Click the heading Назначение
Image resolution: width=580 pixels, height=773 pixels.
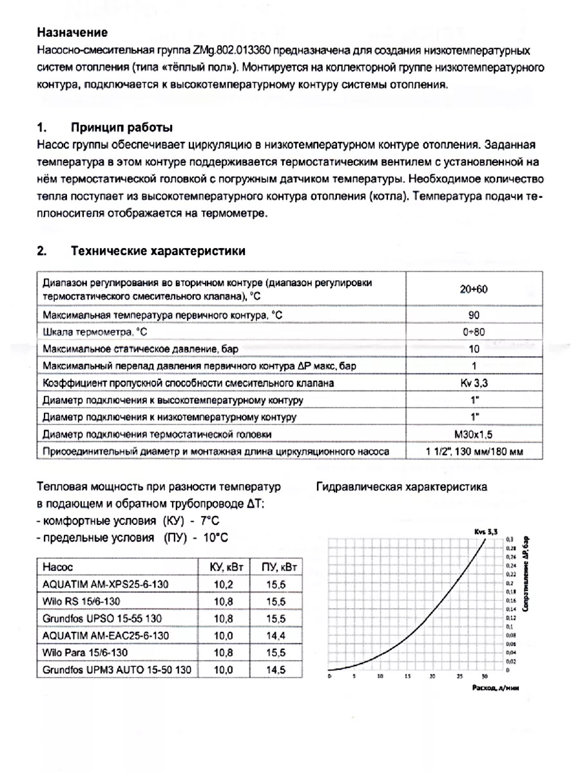72,32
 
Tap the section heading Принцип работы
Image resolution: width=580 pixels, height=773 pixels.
121,127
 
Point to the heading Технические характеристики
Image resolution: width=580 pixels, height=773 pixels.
158,250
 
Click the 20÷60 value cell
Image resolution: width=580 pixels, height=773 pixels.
474,289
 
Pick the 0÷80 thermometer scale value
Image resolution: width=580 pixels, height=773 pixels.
474,332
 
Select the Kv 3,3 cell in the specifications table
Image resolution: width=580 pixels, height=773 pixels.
474,383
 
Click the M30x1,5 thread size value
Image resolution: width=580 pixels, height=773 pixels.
474,434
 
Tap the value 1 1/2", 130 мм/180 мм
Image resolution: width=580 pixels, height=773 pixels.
474,452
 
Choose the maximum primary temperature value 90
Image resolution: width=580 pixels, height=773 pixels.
474,315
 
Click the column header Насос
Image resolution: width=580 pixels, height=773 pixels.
58,567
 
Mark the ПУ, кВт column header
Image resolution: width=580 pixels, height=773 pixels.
278,567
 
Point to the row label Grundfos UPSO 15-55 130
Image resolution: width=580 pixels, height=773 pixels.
101,618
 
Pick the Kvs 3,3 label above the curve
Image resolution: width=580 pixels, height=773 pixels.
482,531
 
